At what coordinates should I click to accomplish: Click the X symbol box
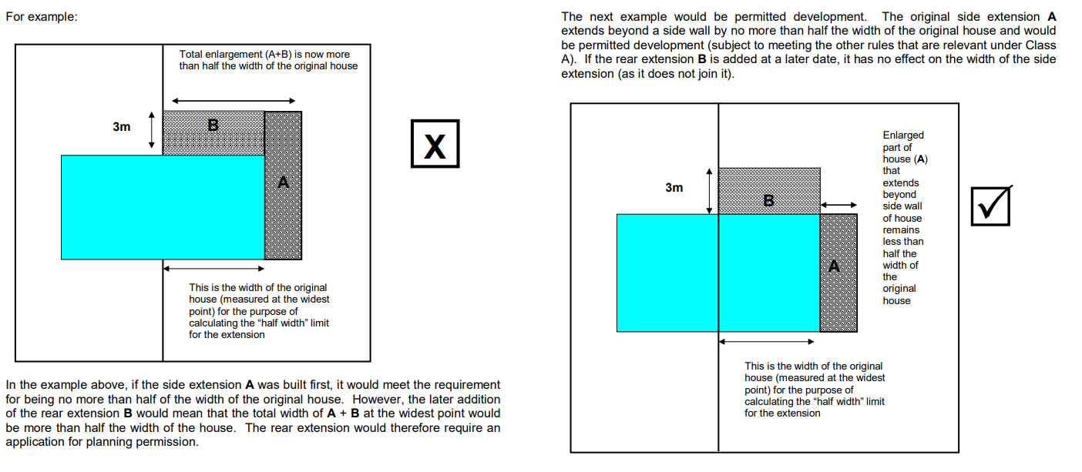[435, 144]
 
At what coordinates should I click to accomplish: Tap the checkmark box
[991, 206]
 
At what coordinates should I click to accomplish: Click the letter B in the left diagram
[213, 126]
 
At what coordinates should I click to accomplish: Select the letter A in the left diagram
[283, 182]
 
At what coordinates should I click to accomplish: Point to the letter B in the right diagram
[768, 201]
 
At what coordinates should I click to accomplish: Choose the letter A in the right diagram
[834, 266]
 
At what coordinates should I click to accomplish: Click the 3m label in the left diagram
[122, 127]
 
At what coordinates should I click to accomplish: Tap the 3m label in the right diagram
[674, 188]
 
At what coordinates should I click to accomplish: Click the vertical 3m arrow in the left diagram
[152, 130]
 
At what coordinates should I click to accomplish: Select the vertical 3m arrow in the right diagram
[709, 191]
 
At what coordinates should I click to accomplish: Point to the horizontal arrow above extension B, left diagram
[234, 101]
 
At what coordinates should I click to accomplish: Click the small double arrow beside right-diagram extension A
[838, 205]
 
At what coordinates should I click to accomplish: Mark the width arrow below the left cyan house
[213, 268]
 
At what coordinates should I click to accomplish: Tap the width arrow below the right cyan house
[767, 342]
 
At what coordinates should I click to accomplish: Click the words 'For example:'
[42, 17]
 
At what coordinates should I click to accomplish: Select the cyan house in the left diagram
[163, 208]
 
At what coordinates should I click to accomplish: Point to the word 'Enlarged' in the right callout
[903, 136]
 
